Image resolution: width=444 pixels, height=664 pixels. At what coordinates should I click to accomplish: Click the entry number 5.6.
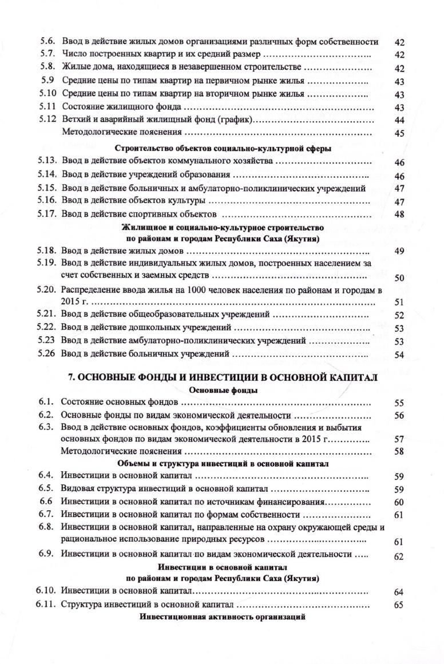click(47, 42)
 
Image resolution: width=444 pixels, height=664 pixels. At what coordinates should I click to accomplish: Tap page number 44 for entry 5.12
click(400, 121)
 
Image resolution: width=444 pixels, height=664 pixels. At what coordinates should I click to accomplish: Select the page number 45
click(400, 134)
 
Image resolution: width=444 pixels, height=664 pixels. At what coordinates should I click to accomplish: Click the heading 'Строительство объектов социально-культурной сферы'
click(223, 148)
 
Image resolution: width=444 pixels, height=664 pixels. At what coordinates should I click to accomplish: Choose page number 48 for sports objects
click(400, 215)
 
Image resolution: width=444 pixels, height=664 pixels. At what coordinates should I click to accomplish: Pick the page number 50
click(400, 278)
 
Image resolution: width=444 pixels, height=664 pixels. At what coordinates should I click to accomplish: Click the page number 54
click(400, 355)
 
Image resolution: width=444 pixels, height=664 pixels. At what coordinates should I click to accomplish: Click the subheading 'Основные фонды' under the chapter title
click(223, 390)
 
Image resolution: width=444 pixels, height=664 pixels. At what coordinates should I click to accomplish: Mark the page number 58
click(400, 452)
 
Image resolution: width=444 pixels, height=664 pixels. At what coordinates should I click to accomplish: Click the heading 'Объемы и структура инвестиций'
click(223, 464)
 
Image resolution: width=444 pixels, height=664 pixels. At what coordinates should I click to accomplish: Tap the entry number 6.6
click(46, 502)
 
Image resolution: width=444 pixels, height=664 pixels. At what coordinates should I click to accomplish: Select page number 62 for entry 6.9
click(400, 556)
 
